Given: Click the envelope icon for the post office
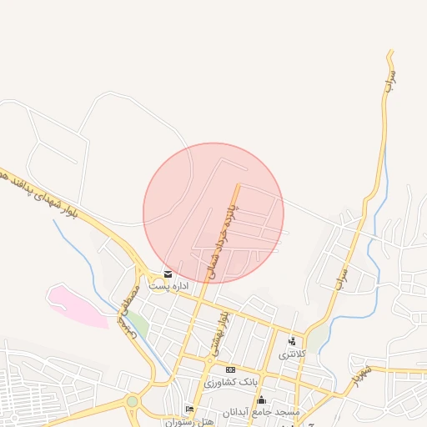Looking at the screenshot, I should click(x=168, y=274).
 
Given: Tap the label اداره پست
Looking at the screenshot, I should click(x=169, y=286).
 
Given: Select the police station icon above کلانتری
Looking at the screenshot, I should click(x=292, y=341).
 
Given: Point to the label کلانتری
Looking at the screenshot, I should click(x=293, y=354).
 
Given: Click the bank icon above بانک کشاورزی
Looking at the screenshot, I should click(x=231, y=369).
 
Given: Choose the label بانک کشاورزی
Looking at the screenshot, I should click(x=231, y=383).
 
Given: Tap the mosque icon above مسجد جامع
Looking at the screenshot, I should click(x=261, y=399).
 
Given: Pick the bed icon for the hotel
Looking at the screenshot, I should click(x=190, y=409).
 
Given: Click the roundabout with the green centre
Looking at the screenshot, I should click(x=132, y=403).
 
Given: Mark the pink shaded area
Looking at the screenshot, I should click(x=75, y=304).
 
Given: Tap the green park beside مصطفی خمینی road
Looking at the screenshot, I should click(x=137, y=324).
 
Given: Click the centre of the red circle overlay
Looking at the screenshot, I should click(x=213, y=213).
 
